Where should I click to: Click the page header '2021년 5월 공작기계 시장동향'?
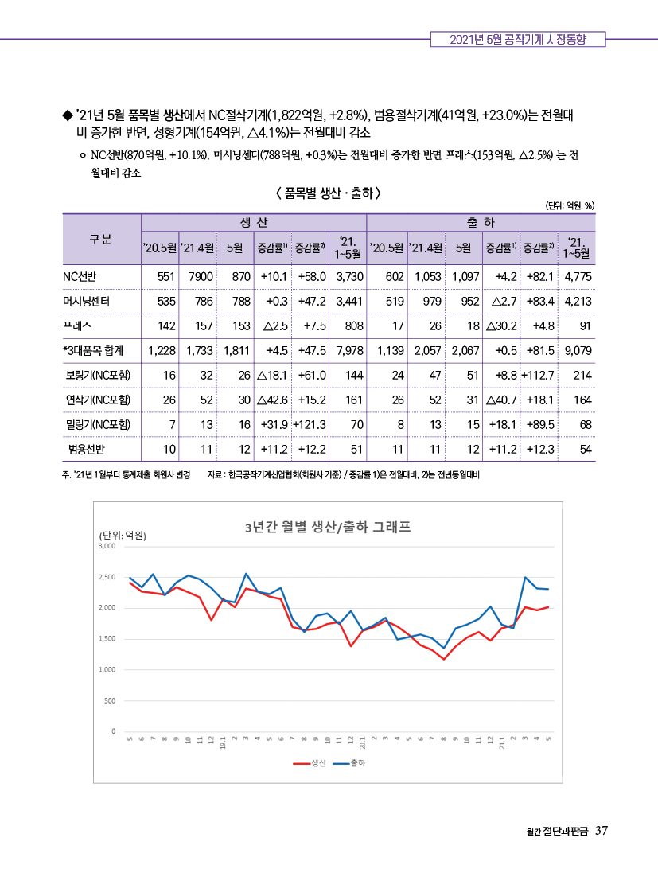(x=518, y=39)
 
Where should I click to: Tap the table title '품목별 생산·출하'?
(x=329, y=193)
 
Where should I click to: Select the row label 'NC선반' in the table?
(x=80, y=276)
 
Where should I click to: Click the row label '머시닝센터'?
(x=86, y=301)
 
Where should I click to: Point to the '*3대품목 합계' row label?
(x=93, y=351)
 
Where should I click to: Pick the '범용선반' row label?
(x=87, y=449)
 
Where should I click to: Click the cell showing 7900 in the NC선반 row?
(x=201, y=276)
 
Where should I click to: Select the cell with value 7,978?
(x=350, y=351)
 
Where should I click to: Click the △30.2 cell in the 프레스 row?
(x=501, y=326)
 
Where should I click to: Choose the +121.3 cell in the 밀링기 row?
(x=310, y=424)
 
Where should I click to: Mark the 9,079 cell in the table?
(x=578, y=351)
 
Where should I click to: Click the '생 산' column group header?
(x=254, y=223)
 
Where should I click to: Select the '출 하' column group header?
(x=481, y=223)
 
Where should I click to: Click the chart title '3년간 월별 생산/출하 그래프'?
(x=328, y=527)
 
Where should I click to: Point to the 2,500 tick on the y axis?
(x=107, y=577)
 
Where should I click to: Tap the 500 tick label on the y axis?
(x=110, y=701)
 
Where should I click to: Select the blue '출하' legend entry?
(x=348, y=763)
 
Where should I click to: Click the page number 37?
(x=602, y=831)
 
